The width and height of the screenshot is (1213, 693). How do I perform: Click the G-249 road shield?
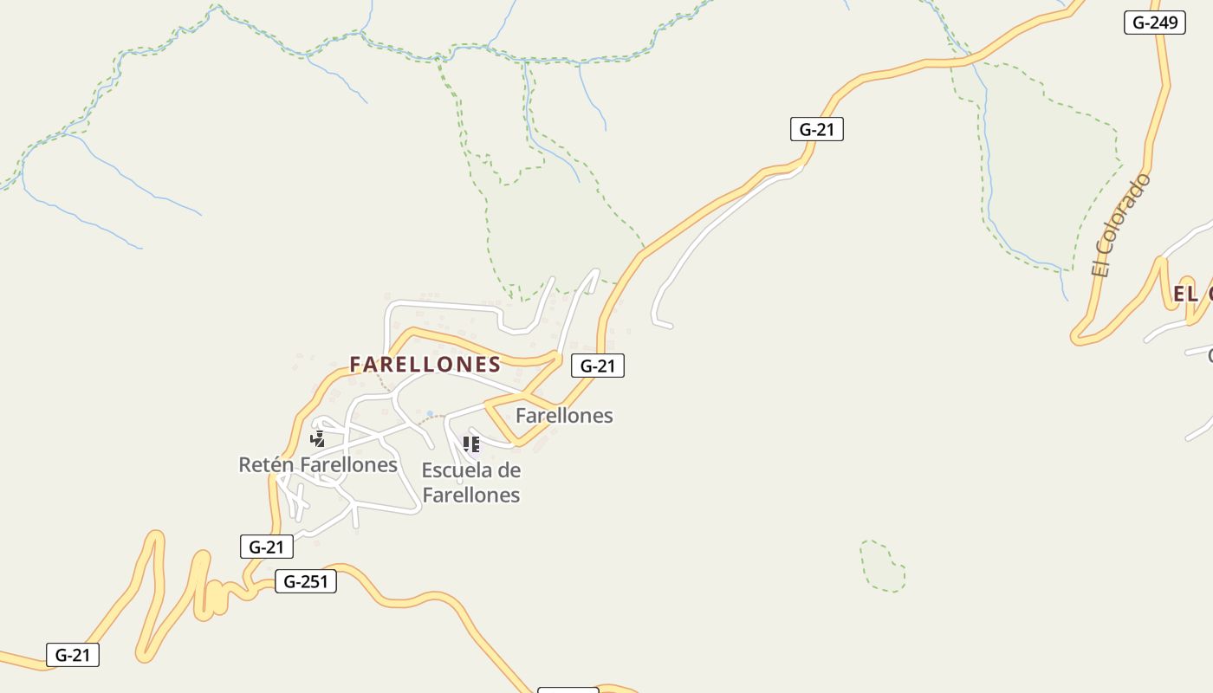pyautogui.click(x=1154, y=23)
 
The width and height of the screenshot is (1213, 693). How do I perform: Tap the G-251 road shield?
pyautogui.click(x=305, y=581)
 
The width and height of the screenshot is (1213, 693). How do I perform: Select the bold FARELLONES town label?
pyautogui.click(x=425, y=365)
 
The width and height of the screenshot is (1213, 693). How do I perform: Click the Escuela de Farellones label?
pyautogui.click(x=470, y=483)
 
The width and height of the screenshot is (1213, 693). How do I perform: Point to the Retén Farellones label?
pyautogui.click(x=318, y=465)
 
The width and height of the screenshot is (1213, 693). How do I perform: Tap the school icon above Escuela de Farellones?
pyautogui.click(x=470, y=444)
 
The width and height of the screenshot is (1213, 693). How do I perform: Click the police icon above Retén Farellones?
pyautogui.click(x=318, y=438)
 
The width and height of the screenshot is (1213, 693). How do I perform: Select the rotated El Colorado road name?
pyautogui.click(x=1122, y=225)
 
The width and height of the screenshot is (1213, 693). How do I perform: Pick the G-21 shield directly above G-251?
pyautogui.click(x=266, y=547)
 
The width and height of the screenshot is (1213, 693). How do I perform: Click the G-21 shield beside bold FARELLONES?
pyautogui.click(x=597, y=366)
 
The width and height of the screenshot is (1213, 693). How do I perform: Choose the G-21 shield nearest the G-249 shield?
pyautogui.click(x=816, y=130)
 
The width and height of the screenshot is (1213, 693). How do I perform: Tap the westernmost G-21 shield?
pyautogui.click(x=73, y=655)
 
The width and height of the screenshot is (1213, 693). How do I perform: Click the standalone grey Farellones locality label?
pyautogui.click(x=564, y=416)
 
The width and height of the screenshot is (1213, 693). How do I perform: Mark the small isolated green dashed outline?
pyautogui.click(x=883, y=567)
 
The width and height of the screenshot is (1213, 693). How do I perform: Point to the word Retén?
pyautogui.click(x=266, y=465)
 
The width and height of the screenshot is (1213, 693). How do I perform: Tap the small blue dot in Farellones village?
pyautogui.click(x=430, y=414)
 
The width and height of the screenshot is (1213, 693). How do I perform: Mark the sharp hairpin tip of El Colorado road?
pyautogui.click(x=1077, y=336)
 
